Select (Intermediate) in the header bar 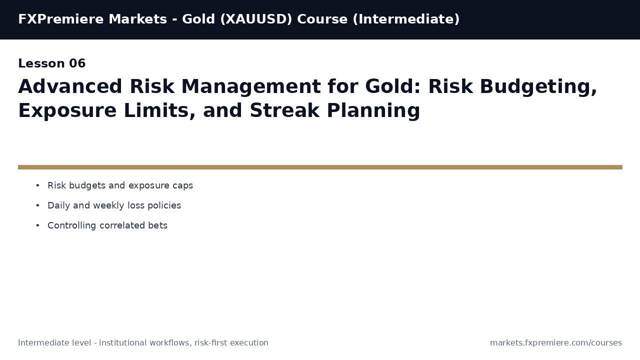pos(406,19)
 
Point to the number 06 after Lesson pos(77,64)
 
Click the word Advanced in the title pos(70,87)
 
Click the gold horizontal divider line pos(320,167)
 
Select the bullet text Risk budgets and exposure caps pos(120,186)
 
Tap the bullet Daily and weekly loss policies pos(114,206)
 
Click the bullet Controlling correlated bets pos(107,226)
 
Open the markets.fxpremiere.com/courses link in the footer pos(555,343)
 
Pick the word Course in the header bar pos(322,19)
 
